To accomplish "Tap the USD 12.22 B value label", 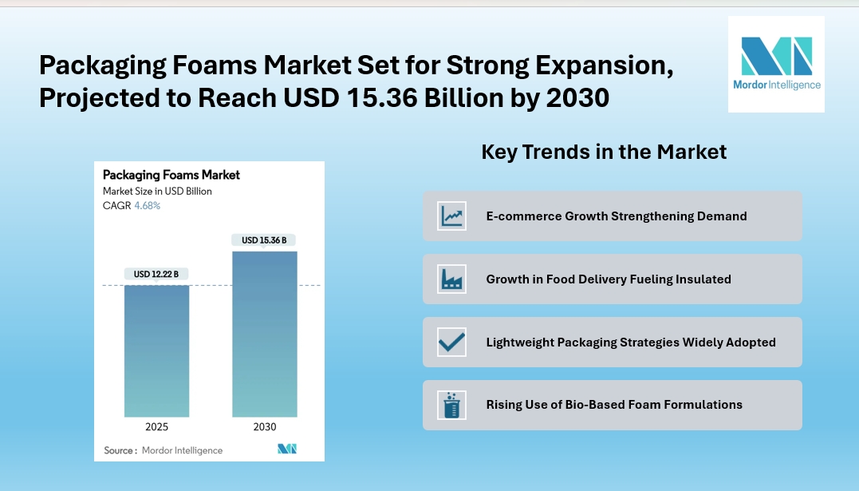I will click(156, 274).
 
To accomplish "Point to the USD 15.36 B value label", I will click(264, 240).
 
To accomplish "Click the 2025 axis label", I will click(156, 427).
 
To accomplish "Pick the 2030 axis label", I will click(265, 427).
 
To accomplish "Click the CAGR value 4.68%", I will click(147, 205).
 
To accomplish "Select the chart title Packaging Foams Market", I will click(171, 175).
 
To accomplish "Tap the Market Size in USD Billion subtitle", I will click(157, 191).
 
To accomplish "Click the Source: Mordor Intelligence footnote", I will click(164, 450).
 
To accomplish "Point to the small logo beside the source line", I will click(287, 449).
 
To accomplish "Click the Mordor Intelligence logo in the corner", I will click(776, 64).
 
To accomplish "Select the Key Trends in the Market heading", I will click(604, 152).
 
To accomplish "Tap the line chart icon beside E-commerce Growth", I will click(452, 216).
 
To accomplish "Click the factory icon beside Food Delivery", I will click(452, 279).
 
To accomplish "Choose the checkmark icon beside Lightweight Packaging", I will click(452, 342).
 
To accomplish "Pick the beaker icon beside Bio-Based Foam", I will click(452, 405).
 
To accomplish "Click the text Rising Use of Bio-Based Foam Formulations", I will click(614, 405).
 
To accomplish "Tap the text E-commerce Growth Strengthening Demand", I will click(617, 216).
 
